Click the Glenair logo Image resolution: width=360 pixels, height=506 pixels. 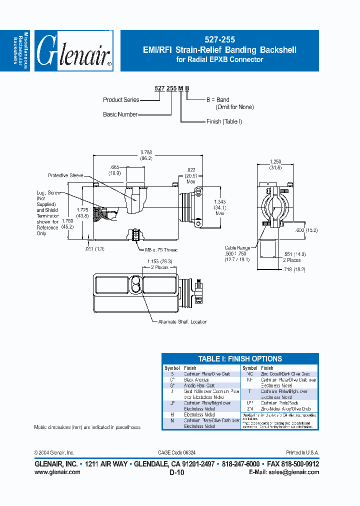74,51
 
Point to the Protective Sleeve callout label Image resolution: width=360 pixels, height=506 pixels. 65,175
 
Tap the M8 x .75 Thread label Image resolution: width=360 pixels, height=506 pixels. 161,249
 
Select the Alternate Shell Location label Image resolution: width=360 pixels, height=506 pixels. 182,321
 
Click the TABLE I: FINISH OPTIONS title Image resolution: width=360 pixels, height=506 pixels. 240,359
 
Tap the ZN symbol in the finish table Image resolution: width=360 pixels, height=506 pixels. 250,408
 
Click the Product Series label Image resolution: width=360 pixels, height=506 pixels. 121,99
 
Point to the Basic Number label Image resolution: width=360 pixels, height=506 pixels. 120,114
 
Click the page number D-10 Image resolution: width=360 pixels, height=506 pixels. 177,472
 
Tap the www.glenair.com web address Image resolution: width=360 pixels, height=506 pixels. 57,471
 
